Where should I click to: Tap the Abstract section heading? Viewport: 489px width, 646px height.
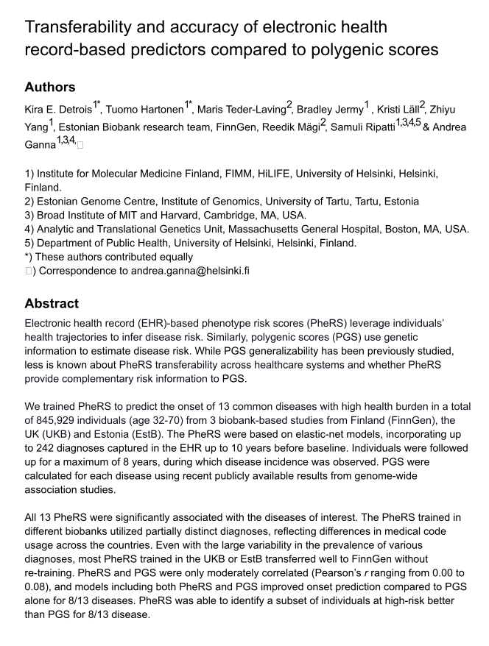click(53, 303)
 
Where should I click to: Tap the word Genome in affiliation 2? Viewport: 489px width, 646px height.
click(106, 201)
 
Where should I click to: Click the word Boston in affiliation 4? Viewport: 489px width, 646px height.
click(395, 229)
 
